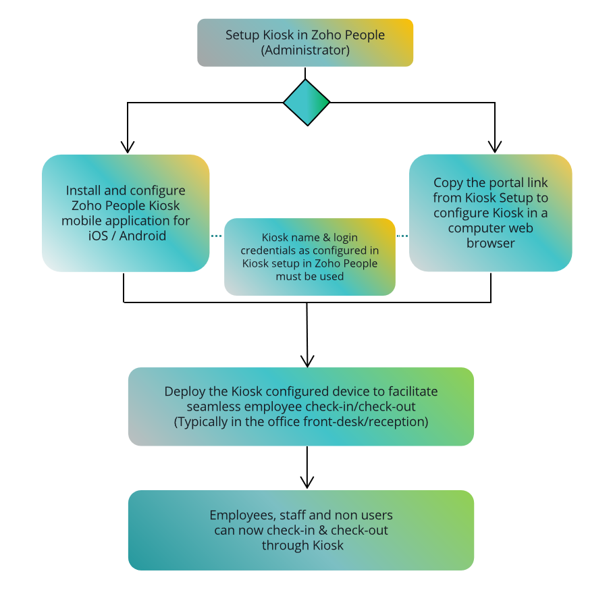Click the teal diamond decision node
point(307,103)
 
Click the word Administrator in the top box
point(305,50)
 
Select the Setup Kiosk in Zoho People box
point(305,43)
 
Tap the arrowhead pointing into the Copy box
point(496,147)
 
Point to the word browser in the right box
point(490,242)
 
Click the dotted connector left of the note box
point(217,236)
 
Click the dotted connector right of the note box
point(402,236)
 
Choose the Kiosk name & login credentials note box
point(310,257)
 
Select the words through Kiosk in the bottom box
point(302,545)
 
